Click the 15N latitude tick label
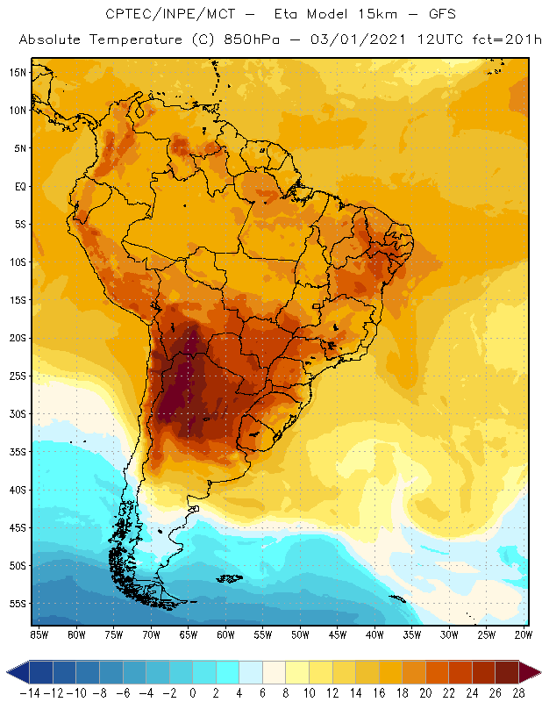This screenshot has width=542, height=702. click(x=17, y=72)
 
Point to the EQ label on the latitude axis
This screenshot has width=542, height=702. click(x=18, y=186)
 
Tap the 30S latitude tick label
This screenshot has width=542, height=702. click(x=17, y=413)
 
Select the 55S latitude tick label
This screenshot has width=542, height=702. click(x=17, y=604)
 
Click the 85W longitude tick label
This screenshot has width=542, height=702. click(x=39, y=634)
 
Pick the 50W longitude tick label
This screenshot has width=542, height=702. click(x=300, y=634)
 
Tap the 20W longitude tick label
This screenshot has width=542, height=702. click(x=524, y=634)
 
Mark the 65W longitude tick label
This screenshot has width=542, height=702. click(x=188, y=634)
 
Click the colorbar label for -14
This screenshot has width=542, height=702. click(x=29, y=692)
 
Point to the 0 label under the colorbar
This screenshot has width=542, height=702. click(x=193, y=692)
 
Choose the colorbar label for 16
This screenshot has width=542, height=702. click(x=378, y=692)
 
